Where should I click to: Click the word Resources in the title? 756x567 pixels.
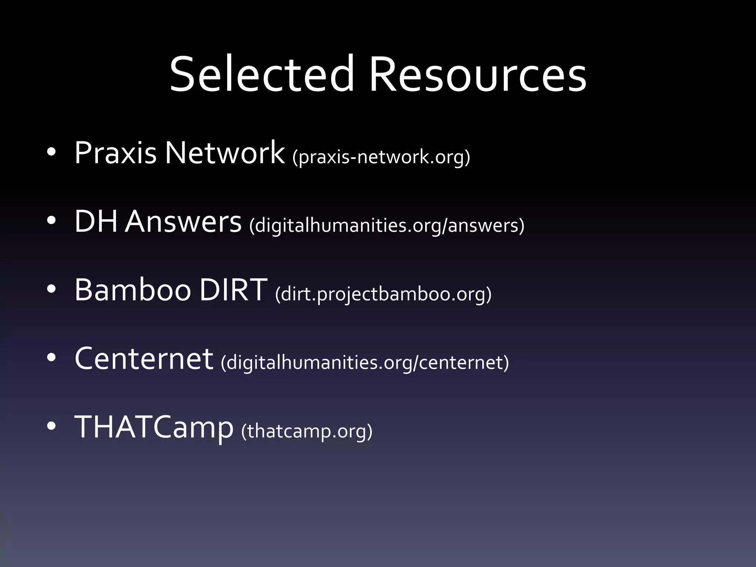tap(477, 74)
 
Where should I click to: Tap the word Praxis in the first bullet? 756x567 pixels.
tap(115, 153)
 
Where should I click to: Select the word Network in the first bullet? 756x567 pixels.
tap(224, 153)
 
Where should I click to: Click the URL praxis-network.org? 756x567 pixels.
tap(381, 157)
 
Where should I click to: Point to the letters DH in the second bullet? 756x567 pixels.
tap(96, 221)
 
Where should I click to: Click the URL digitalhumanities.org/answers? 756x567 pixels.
tap(386, 226)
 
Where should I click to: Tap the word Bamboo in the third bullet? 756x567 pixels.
tap(133, 290)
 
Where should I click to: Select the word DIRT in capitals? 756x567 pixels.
tap(233, 290)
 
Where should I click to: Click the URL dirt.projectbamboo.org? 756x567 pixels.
tap(383, 294)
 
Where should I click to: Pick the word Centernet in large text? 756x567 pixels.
tap(144, 359)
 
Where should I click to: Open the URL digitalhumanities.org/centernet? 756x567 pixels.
tap(365, 362)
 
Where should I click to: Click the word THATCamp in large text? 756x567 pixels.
tap(154, 427)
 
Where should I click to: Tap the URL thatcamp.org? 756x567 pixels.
tap(307, 431)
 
